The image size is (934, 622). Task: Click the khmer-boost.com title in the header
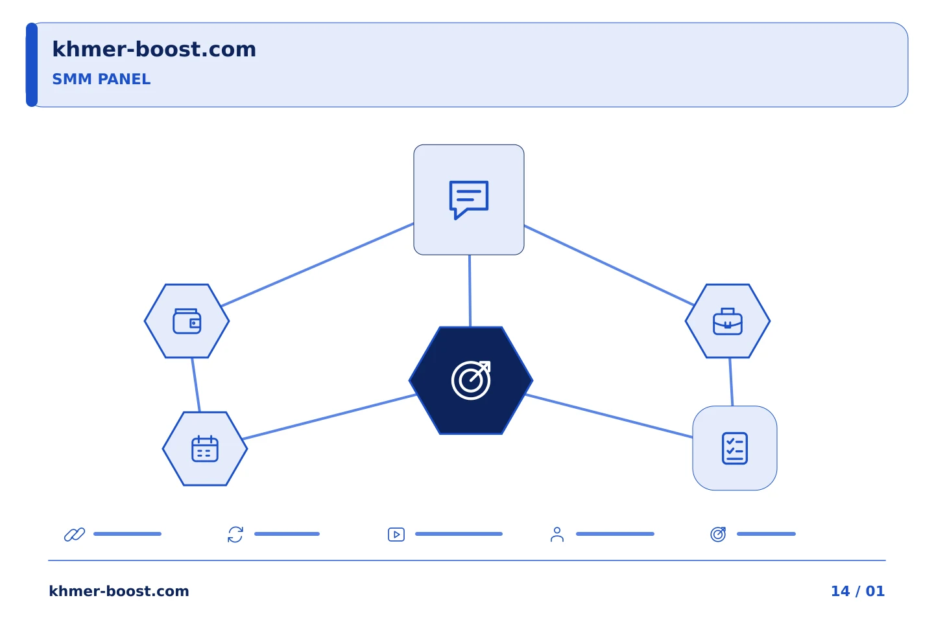point(154,49)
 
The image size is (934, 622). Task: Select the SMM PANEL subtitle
point(101,79)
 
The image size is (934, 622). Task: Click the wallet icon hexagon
point(187,321)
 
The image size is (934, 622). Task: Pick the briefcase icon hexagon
point(728,321)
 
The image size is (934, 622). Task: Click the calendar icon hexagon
point(205,449)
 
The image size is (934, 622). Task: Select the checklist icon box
point(735,448)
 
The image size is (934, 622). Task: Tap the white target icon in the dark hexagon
point(471,380)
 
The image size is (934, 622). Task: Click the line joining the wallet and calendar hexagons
point(196,385)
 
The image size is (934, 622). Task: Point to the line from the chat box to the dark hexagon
point(470,291)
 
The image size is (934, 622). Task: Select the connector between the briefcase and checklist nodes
point(731,382)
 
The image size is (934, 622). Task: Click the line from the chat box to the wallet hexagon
point(317,265)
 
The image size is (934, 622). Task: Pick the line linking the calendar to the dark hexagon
point(329,417)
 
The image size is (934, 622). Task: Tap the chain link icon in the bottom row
point(75,535)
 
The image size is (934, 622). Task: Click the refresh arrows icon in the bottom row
point(235,535)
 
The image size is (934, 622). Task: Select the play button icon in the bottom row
point(396,535)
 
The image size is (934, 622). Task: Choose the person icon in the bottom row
point(557,535)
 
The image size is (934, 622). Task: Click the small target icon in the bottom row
point(718,535)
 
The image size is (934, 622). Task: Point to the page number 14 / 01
point(857,591)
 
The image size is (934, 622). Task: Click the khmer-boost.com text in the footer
point(119,591)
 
